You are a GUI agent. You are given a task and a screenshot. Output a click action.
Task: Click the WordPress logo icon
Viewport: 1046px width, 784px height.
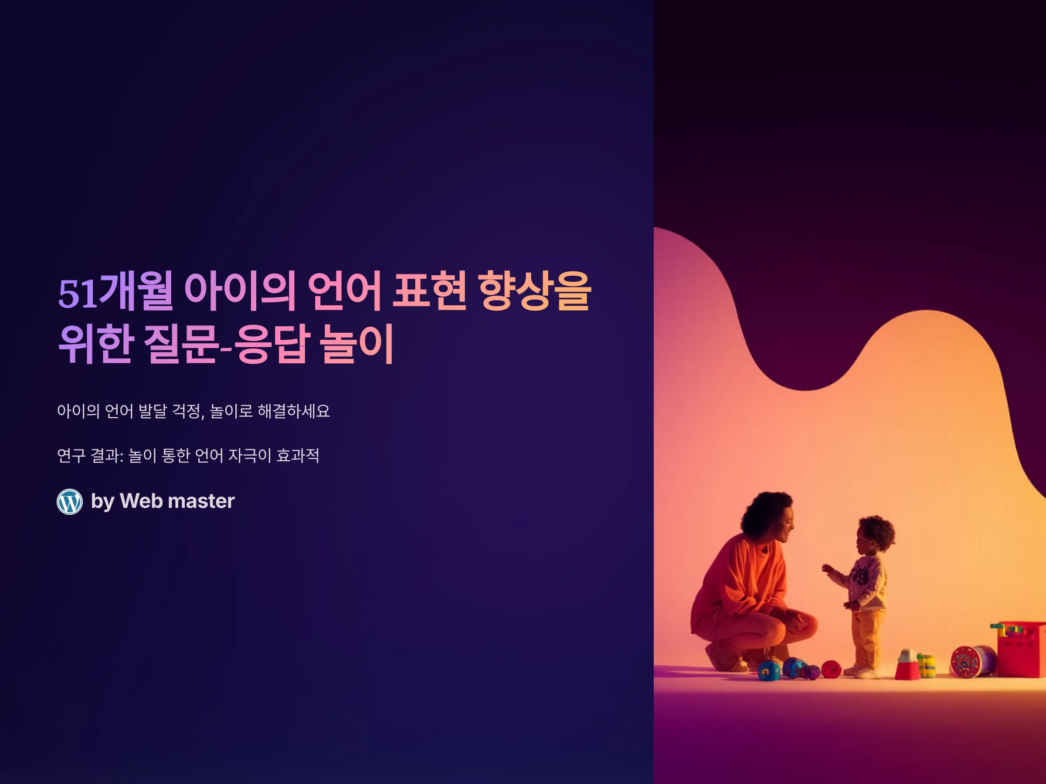click(x=69, y=501)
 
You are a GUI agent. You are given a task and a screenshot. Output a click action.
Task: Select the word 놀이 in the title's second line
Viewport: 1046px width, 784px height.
click(x=357, y=344)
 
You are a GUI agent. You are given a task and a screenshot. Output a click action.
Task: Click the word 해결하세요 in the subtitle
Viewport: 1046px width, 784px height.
click(x=294, y=411)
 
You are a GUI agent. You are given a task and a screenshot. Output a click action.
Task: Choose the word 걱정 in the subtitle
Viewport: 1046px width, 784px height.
click(x=188, y=411)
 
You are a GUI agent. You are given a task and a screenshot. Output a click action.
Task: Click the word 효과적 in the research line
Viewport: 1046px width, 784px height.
click(x=298, y=456)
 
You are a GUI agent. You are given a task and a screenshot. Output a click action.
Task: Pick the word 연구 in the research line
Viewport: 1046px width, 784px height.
click(x=71, y=456)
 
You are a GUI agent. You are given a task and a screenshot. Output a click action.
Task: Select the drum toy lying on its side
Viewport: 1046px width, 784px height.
click(x=973, y=661)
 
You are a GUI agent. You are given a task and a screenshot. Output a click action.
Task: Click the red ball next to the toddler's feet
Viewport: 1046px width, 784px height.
click(x=831, y=669)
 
